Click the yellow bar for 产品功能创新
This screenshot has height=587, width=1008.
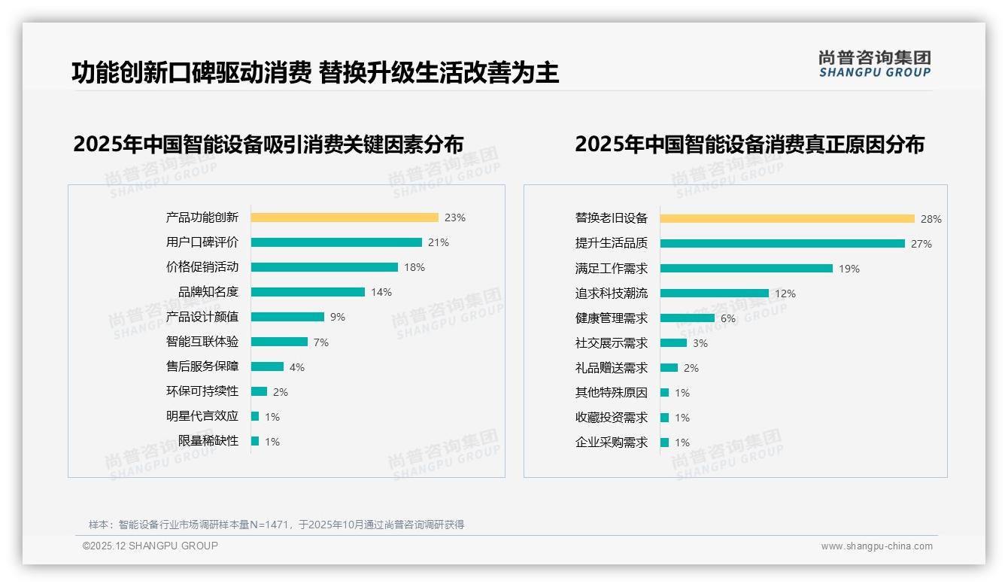(x=344, y=217)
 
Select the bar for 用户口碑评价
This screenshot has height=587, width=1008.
(x=336, y=242)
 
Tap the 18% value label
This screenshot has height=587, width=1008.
(x=414, y=267)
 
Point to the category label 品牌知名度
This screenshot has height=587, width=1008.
(x=208, y=292)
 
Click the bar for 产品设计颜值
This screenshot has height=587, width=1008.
(x=287, y=317)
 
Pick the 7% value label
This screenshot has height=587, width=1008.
(x=321, y=342)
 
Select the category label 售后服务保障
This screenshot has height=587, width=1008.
(x=202, y=366)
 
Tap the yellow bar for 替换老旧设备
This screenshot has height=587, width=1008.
(x=787, y=219)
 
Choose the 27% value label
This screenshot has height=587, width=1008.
(x=921, y=244)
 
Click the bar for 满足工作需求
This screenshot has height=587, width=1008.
(x=746, y=269)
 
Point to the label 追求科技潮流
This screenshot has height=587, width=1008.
(x=612, y=293)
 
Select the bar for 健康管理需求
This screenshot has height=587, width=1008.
(x=688, y=318)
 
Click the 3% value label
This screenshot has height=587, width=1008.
(x=700, y=343)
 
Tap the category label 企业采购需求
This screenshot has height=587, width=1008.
(x=612, y=443)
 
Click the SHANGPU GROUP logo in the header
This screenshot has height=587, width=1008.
(x=875, y=64)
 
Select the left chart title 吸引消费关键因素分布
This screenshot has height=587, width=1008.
(x=269, y=144)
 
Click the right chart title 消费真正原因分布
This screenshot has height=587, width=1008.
(x=749, y=144)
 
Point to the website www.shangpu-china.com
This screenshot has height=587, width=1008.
(x=876, y=546)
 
